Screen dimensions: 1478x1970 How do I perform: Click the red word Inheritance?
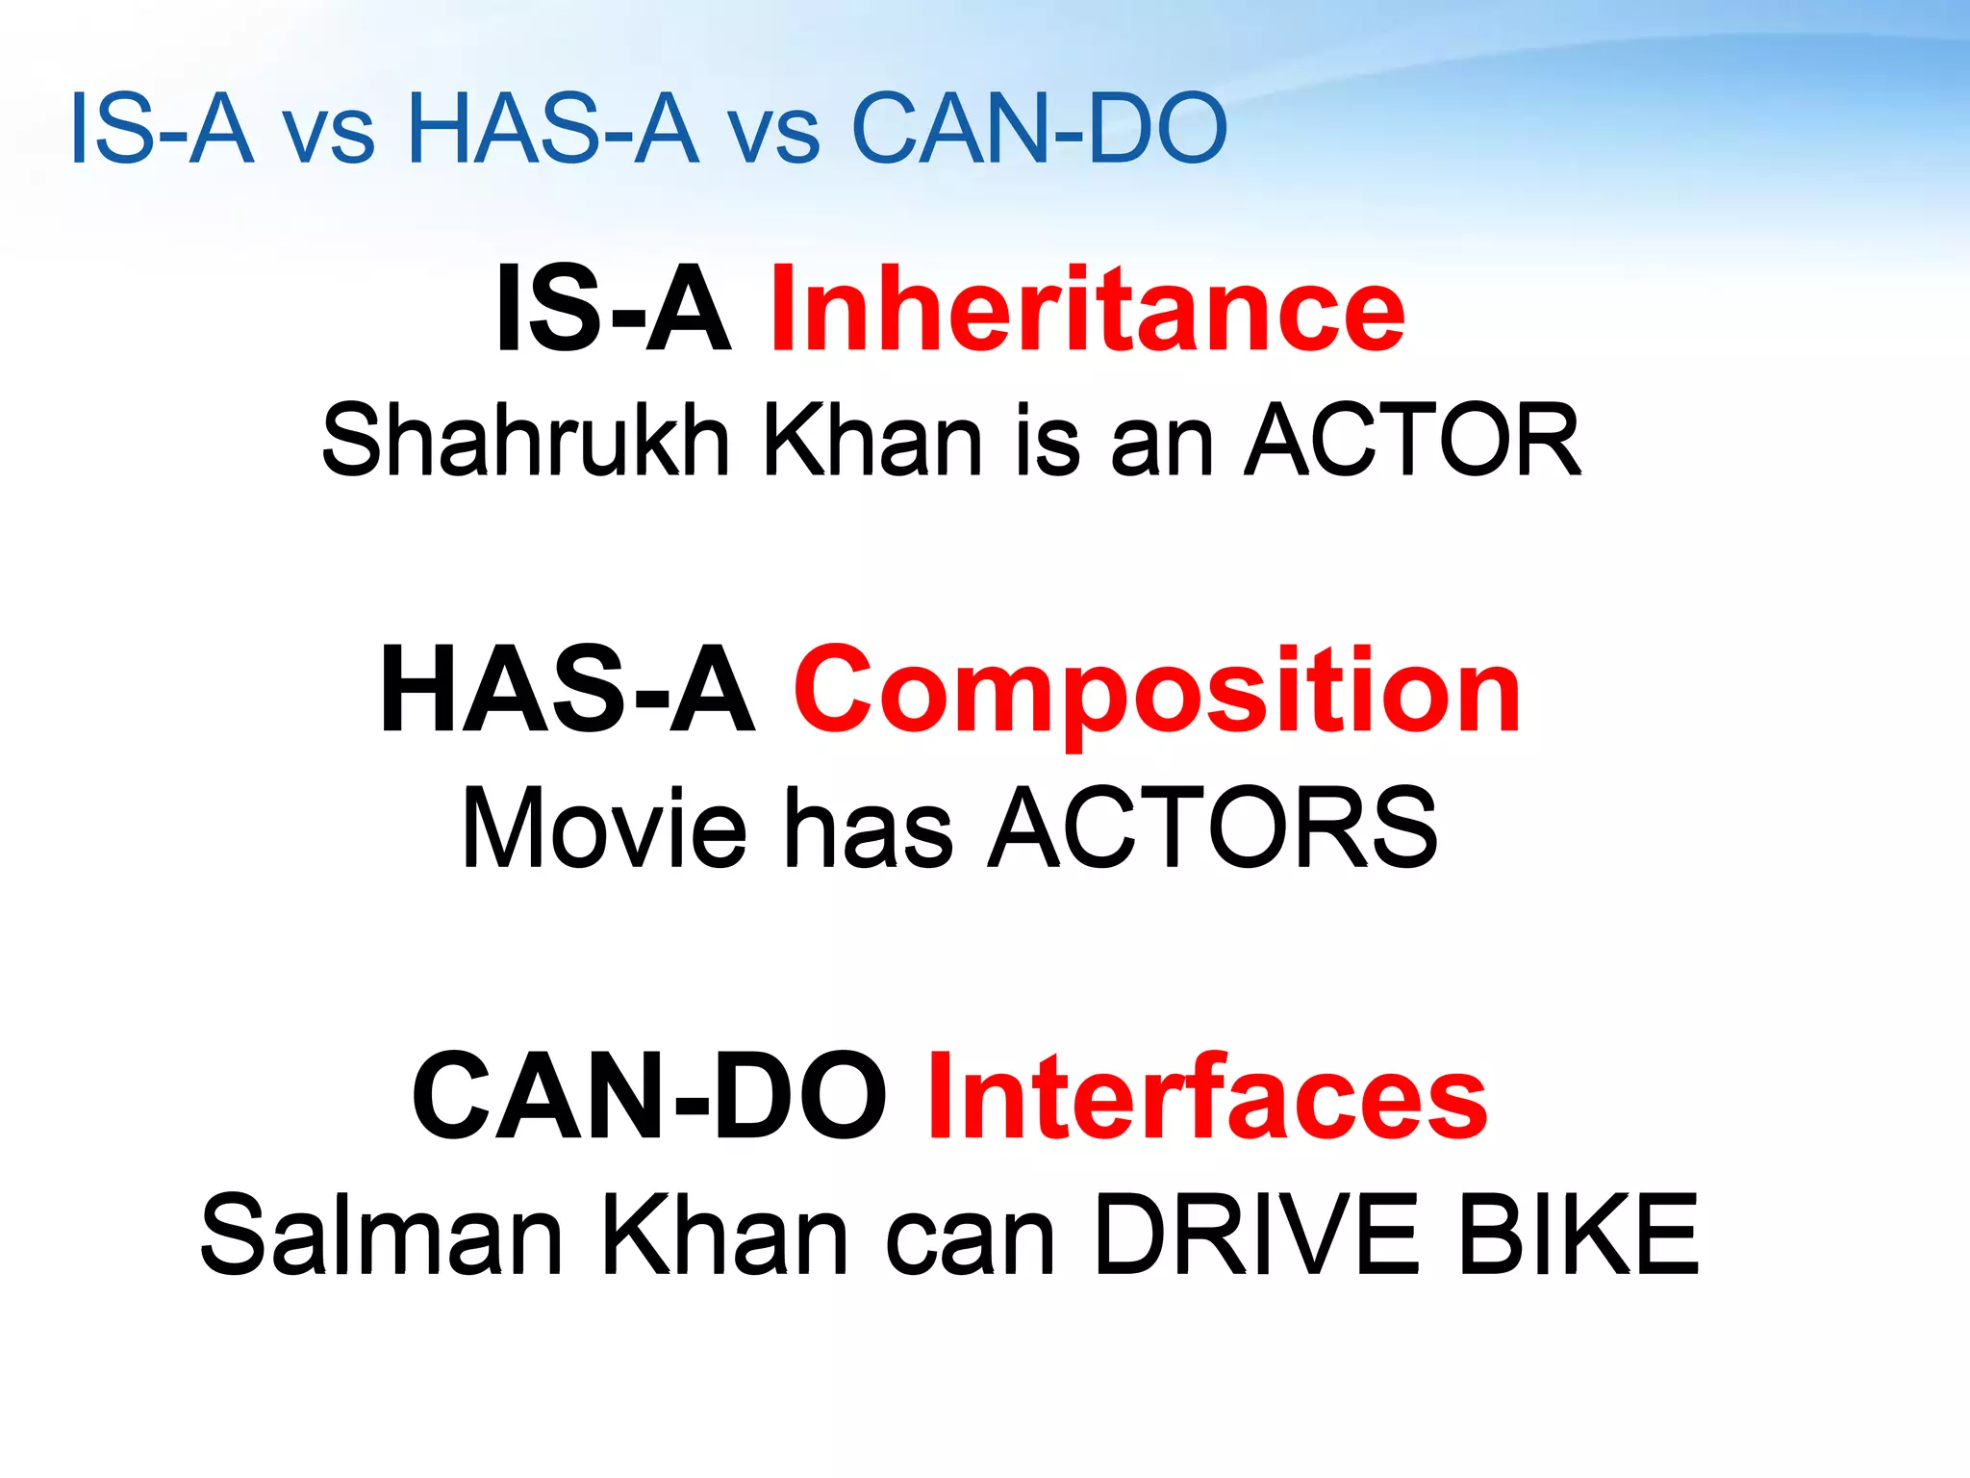[x=1087, y=310]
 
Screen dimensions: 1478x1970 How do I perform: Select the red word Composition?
[x=1156, y=691]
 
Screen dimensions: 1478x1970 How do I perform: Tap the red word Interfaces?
[x=1207, y=1097]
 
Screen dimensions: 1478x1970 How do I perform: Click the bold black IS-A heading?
[x=613, y=310]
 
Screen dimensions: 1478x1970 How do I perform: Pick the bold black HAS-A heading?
[x=568, y=691]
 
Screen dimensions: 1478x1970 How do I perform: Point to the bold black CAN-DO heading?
[x=649, y=1097]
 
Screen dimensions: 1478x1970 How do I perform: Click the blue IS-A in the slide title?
[x=162, y=129]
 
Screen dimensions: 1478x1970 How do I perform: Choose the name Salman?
[x=381, y=1236]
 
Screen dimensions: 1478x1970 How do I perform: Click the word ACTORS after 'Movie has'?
[x=1214, y=828]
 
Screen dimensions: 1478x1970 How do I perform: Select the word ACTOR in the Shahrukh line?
[x=1412, y=441]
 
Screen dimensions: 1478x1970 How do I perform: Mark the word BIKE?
[x=1579, y=1236]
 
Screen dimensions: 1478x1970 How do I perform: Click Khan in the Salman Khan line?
[x=725, y=1236]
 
